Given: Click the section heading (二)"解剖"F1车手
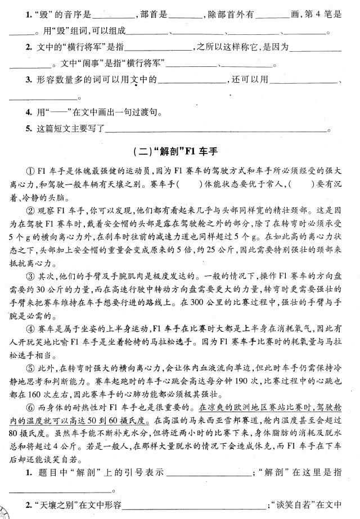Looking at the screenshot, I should [180, 151].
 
